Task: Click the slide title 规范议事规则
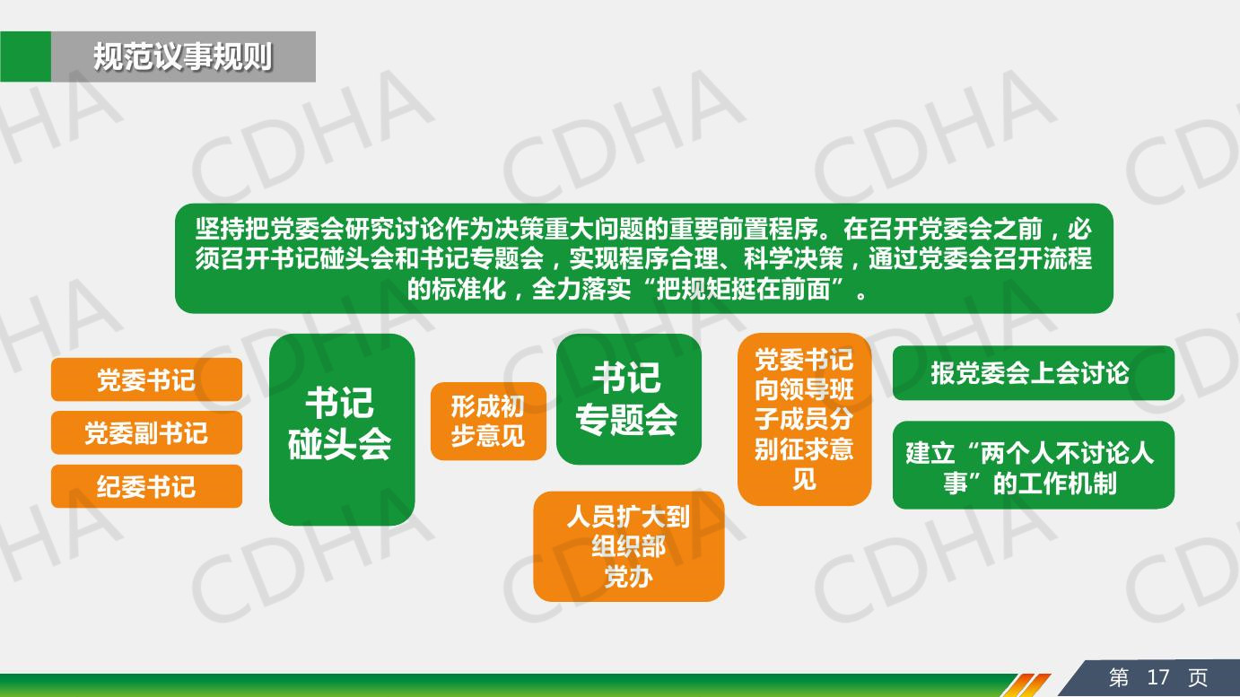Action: click(183, 57)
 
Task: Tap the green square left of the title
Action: click(25, 57)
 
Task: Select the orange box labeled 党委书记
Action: click(146, 379)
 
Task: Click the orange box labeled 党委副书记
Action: click(146, 433)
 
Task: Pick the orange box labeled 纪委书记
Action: click(146, 486)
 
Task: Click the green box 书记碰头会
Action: click(342, 430)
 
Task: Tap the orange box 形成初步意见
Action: click(488, 422)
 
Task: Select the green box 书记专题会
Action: click(629, 399)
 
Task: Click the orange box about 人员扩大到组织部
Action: click(629, 546)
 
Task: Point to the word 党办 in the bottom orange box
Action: click(629, 577)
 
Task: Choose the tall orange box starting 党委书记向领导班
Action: click(804, 419)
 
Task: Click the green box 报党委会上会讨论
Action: click(1034, 372)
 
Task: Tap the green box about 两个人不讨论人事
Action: click(1034, 465)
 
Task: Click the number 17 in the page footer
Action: click(1157, 677)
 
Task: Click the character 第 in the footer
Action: click(1119, 677)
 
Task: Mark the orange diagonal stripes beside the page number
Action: click(1026, 684)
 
